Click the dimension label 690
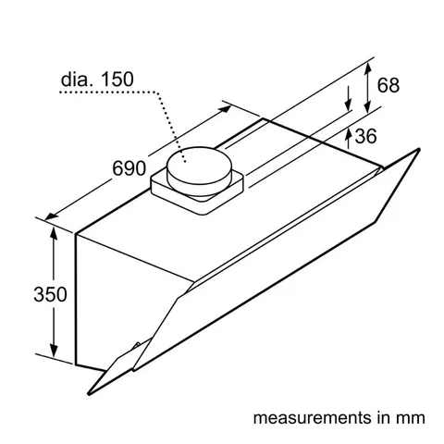(x=129, y=168)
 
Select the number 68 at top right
(x=388, y=86)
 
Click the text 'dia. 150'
(x=97, y=80)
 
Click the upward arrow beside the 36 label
(x=348, y=138)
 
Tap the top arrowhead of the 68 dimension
(x=369, y=63)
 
